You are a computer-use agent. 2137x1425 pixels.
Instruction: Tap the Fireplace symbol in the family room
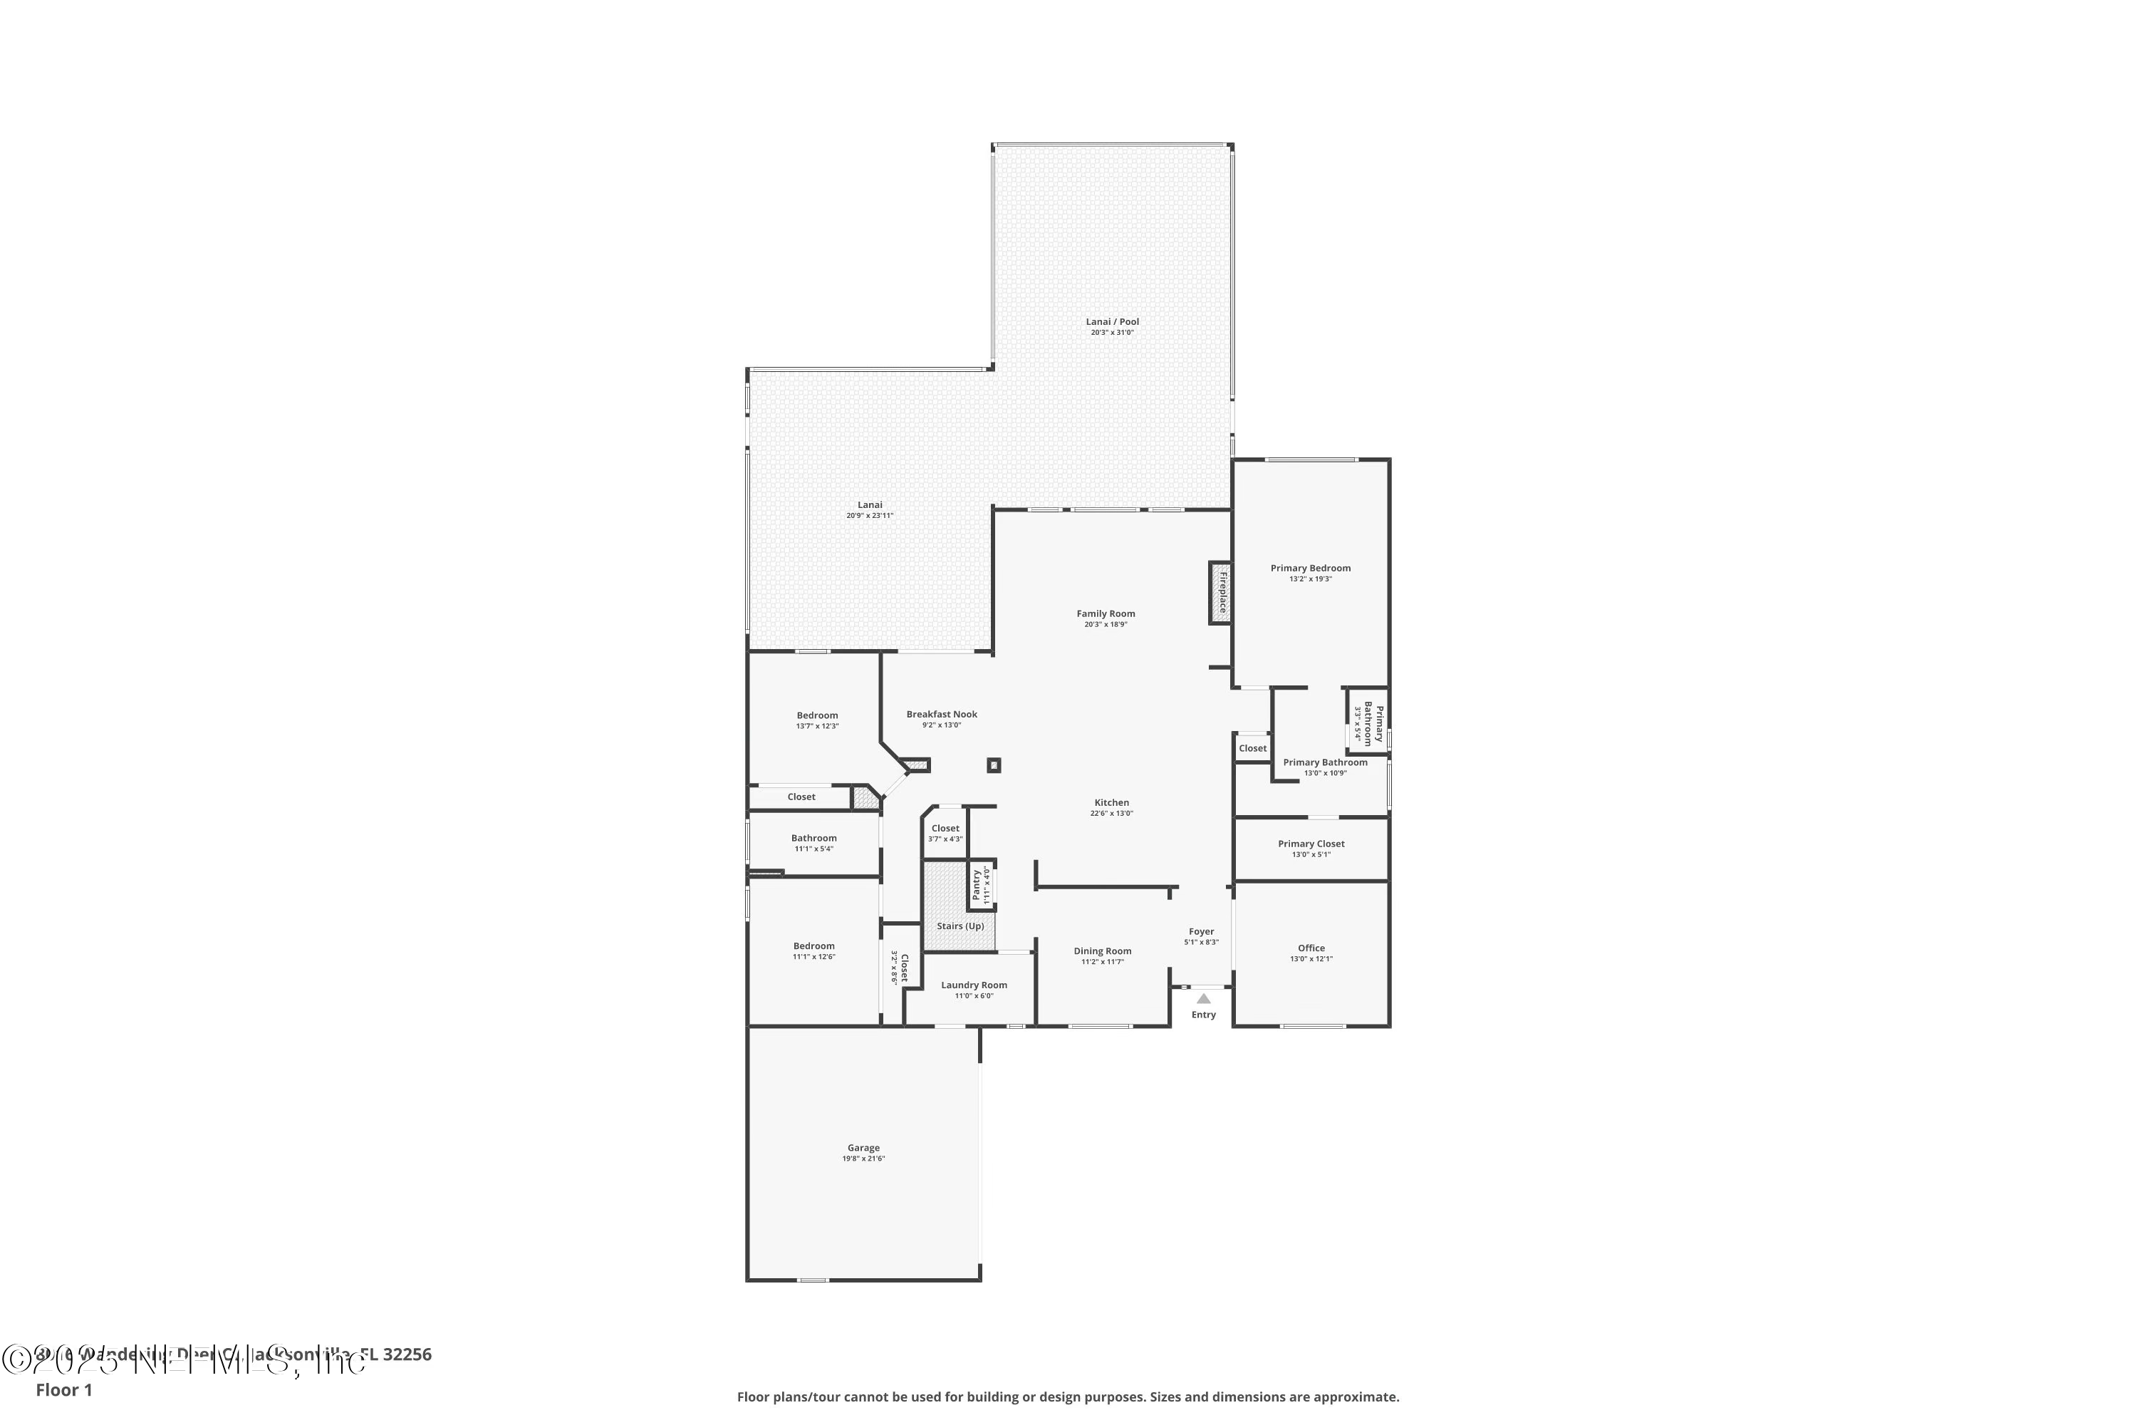coord(1220,593)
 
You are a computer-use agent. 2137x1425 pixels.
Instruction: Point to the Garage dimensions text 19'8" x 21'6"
coord(863,1159)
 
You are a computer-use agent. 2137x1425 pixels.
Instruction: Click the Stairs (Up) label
coord(960,926)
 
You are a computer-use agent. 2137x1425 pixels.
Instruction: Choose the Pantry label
coord(977,884)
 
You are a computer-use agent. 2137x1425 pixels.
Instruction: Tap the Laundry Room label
coord(974,985)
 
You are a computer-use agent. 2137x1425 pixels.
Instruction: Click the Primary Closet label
coord(1311,844)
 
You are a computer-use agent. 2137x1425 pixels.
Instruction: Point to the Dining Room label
coord(1102,951)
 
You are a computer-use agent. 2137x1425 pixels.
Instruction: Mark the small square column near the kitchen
coord(994,765)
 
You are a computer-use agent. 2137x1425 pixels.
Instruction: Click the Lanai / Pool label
coord(1112,322)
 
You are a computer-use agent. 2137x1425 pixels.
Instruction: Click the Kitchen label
coord(1111,802)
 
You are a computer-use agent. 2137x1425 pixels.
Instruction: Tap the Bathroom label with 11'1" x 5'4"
coord(813,838)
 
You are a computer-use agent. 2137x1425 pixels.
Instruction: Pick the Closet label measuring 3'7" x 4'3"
coord(945,828)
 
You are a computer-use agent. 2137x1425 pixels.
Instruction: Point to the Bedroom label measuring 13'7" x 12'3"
coord(817,715)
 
